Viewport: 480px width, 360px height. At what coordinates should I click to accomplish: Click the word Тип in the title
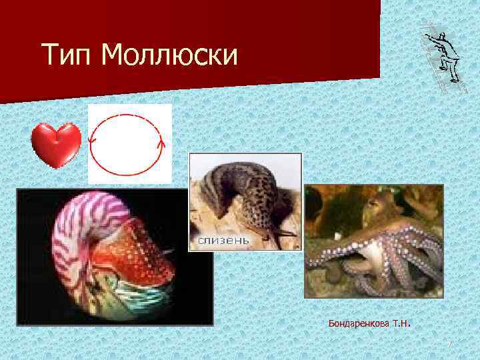(65, 55)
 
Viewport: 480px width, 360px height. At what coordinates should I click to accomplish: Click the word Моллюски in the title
(170, 55)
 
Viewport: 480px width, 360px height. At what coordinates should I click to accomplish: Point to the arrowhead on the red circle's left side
(93, 140)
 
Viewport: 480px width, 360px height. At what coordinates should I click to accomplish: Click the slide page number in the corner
(450, 345)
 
